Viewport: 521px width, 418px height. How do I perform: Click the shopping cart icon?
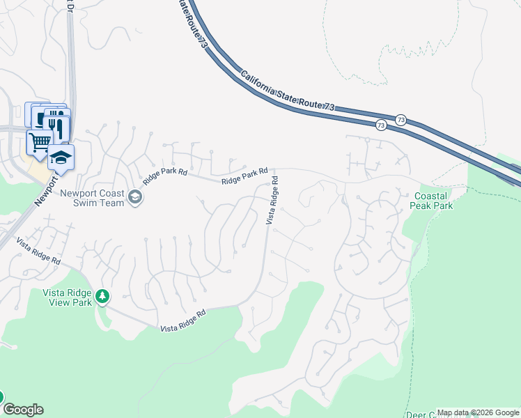pyautogui.click(x=39, y=141)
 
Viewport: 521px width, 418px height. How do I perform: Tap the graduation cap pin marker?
pyautogui.click(x=61, y=157)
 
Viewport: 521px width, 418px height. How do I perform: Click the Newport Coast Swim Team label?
pyautogui.click(x=92, y=198)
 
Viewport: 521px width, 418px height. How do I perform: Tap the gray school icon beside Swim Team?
pyautogui.click(x=135, y=199)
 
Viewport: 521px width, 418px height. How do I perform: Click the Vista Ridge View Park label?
pyautogui.click(x=68, y=298)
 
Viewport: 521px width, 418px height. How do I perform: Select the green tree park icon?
pyautogui.click(x=102, y=297)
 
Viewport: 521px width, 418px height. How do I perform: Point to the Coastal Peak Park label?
pyautogui.click(x=433, y=201)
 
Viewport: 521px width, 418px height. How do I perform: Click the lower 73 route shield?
pyautogui.click(x=380, y=125)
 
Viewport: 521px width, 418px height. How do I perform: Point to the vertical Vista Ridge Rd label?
pyautogui.click(x=272, y=199)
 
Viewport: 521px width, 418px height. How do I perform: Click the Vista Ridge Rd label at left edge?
pyautogui.click(x=39, y=253)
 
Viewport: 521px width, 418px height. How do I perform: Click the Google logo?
pyautogui.click(x=23, y=410)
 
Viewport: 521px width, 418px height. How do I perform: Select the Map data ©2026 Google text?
pyautogui.click(x=478, y=413)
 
